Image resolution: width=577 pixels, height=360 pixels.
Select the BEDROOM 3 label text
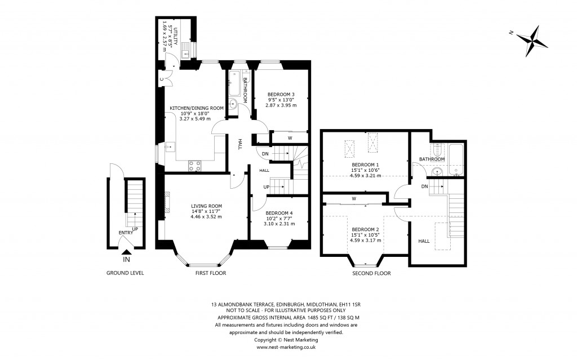(281, 94)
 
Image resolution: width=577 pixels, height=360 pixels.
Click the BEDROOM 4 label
(279, 213)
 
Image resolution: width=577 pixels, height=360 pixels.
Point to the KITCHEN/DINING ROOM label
(197, 108)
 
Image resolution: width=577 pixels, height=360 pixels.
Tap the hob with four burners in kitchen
(194, 166)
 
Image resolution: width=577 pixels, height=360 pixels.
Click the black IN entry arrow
(126, 252)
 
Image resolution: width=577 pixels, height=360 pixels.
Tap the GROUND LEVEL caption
(125, 273)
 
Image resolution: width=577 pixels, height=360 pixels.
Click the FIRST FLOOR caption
(210, 273)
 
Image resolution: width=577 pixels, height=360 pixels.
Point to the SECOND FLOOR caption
(372, 273)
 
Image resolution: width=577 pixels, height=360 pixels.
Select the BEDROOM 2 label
(365, 229)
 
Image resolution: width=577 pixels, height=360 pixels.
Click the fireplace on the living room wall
(167, 202)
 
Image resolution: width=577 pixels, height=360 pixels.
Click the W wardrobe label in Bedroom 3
(290, 137)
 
